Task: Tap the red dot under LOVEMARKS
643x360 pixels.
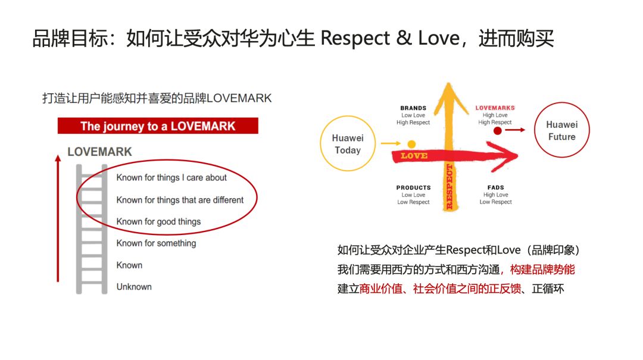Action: [497, 131]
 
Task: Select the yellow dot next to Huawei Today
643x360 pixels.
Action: [412, 144]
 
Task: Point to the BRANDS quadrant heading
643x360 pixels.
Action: [413, 108]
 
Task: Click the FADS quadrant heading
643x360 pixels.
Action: [496, 187]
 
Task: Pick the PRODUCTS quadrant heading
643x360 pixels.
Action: [413, 187]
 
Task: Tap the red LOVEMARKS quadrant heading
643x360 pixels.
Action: [495, 108]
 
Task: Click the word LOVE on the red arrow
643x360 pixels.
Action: [414, 156]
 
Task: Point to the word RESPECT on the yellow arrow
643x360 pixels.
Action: [449, 187]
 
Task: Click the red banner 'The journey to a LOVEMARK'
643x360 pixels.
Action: [158, 126]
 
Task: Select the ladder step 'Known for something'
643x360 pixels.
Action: [156, 243]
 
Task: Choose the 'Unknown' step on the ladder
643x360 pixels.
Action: [134, 287]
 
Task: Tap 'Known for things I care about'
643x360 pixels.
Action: [171, 177]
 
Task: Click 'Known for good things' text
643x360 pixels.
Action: [159, 221]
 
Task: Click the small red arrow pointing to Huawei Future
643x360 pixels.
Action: [515, 130]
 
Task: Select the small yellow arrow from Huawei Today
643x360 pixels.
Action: [391, 143]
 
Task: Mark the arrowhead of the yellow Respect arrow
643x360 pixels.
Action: [449, 84]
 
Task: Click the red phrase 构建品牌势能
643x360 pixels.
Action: [542, 270]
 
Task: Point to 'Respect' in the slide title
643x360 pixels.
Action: [355, 39]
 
